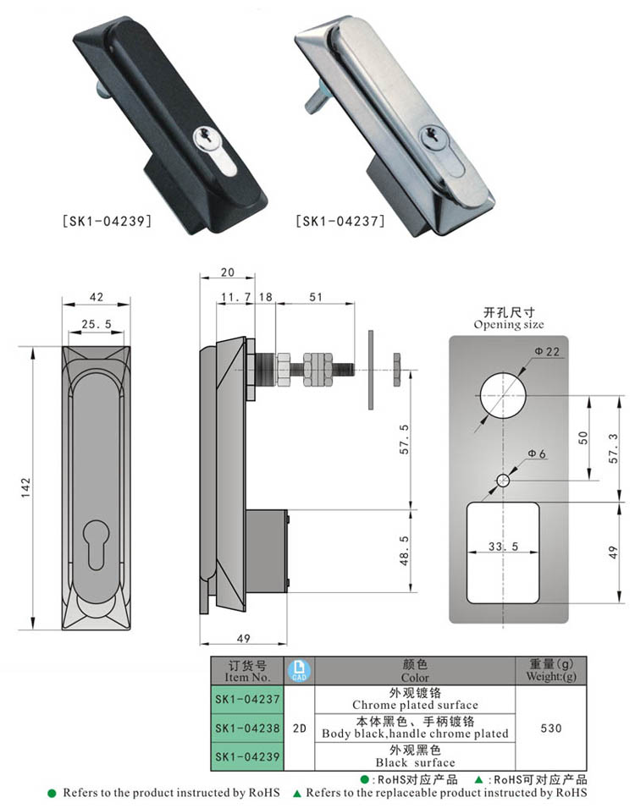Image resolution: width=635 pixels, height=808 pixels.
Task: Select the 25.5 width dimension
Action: pyautogui.click(x=96, y=324)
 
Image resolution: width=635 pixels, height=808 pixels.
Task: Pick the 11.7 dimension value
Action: pyautogui.click(x=235, y=298)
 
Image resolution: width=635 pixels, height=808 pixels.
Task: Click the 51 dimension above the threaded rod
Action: pyautogui.click(x=316, y=298)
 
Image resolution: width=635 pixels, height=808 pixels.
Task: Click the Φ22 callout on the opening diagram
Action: pyautogui.click(x=547, y=352)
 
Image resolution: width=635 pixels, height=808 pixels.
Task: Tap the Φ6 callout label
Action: pyautogui.click(x=537, y=454)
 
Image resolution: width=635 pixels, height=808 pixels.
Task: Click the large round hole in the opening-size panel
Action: pyautogui.click(x=502, y=394)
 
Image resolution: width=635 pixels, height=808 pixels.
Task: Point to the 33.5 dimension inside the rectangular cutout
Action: pyautogui.click(x=503, y=547)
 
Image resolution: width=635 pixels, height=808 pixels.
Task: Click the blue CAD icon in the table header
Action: pyautogui.click(x=300, y=671)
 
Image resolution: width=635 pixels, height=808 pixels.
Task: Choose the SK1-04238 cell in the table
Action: pyautogui.click(x=246, y=728)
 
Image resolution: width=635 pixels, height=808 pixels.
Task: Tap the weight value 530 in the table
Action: pyautogui.click(x=550, y=728)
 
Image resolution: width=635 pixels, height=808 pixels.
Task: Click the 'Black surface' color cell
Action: pyautogui.click(x=415, y=756)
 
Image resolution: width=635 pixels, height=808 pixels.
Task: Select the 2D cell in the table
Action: pyautogui.click(x=299, y=728)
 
